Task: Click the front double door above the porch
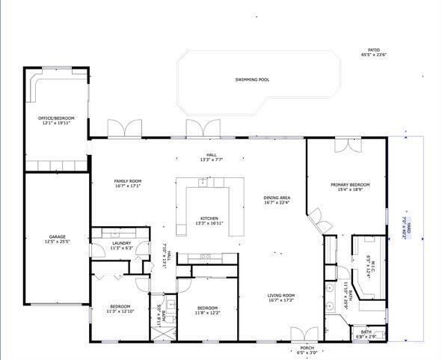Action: pos(303,334)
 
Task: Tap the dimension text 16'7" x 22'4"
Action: pos(277,203)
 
